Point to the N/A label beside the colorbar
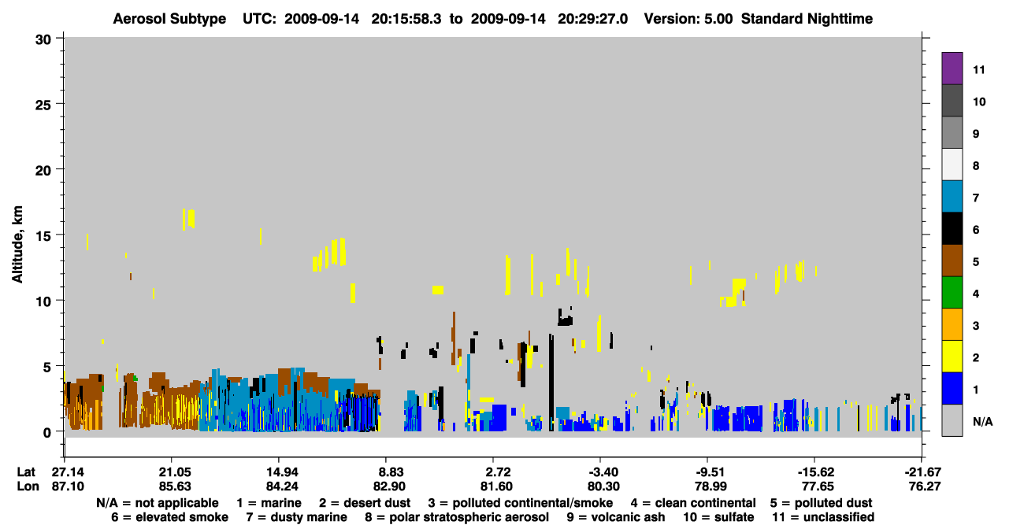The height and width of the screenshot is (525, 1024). tap(982, 421)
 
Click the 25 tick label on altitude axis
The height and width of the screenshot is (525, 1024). tap(43, 105)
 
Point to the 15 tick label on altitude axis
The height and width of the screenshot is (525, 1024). tap(43, 236)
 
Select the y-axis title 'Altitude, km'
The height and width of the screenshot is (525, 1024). tap(17, 245)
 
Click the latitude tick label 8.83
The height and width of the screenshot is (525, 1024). tap(389, 472)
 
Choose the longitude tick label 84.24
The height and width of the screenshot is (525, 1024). tap(282, 486)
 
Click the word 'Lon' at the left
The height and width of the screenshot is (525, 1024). tap(28, 486)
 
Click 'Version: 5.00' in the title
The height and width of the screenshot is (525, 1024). tap(688, 19)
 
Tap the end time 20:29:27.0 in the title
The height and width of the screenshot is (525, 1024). tap(592, 19)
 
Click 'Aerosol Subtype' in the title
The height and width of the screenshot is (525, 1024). tap(169, 19)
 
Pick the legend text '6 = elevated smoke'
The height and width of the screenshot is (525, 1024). tap(169, 517)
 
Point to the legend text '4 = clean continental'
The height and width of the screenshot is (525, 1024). tap(693, 503)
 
